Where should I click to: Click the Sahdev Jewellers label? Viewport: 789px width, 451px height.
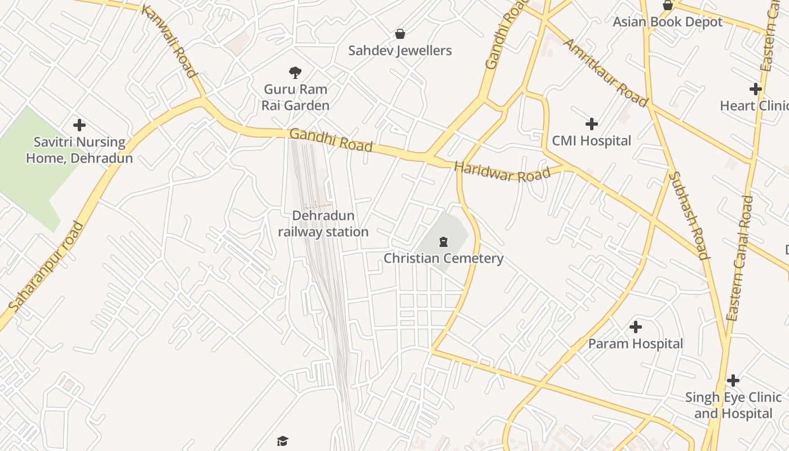click(400, 51)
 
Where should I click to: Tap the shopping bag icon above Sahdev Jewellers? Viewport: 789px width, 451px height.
click(400, 34)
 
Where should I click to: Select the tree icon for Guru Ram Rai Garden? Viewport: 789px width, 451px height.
click(295, 72)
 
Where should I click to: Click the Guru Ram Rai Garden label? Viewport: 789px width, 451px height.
click(296, 97)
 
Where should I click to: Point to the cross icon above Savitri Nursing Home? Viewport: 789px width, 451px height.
click(79, 125)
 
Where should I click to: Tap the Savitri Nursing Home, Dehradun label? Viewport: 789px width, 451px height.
click(79, 150)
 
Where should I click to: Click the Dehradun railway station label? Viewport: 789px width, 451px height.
click(323, 224)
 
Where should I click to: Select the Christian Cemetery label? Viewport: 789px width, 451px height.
click(444, 259)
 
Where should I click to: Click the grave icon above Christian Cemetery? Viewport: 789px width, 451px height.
click(444, 242)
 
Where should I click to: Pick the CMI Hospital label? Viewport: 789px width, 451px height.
click(591, 141)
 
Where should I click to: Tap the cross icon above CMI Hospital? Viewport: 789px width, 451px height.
click(591, 124)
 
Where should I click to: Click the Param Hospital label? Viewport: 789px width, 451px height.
click(635, 344)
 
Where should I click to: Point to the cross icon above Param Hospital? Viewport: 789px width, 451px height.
click(636, 327)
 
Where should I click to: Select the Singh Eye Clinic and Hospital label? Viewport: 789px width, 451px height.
click(733, 405)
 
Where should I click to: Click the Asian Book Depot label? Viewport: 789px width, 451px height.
click(667, 22)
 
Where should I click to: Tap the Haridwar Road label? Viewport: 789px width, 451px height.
click(502, 172)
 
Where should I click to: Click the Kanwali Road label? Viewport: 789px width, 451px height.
click(169, 41)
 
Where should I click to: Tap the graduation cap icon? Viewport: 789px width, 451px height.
click(282, 440)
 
